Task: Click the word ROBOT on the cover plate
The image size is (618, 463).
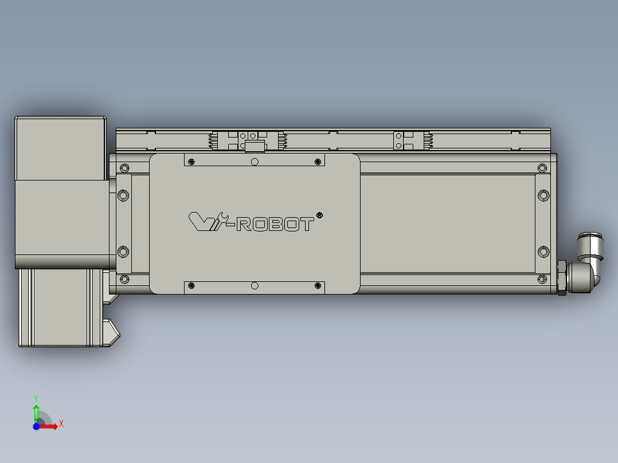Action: point(275,223)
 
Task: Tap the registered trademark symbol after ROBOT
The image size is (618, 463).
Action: point(319,215)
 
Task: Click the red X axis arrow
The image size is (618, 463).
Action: point(50,426)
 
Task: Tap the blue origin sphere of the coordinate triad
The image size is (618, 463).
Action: point(36,426)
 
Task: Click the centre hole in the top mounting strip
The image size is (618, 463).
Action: point(255,162)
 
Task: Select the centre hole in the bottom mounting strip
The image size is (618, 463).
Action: point(255,285)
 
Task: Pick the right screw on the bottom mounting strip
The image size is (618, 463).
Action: point(318,285)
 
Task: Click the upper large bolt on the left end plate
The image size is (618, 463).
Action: point(123,195)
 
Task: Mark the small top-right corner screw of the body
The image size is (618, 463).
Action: point(542,167)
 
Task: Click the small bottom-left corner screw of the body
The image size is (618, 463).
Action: point(123,280)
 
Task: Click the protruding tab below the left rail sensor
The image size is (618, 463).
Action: point(254,147)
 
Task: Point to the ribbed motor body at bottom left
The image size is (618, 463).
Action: point(57,307)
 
